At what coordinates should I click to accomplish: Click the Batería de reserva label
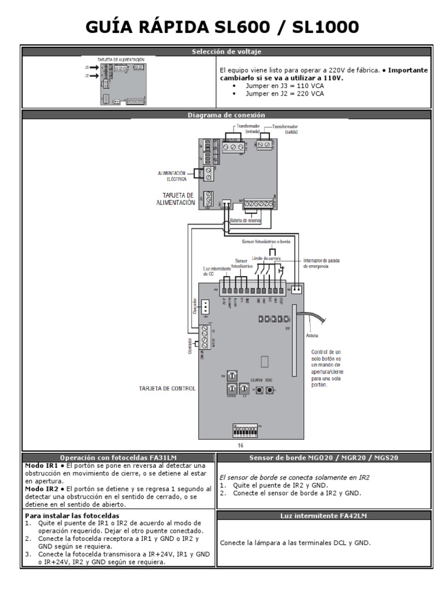245,221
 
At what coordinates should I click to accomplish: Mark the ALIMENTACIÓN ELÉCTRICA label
172,176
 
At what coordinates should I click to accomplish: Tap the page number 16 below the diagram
241,446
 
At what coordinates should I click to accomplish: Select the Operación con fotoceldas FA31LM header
119,457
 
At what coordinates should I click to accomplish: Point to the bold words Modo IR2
38,489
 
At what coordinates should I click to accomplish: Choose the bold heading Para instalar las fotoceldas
72,515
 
